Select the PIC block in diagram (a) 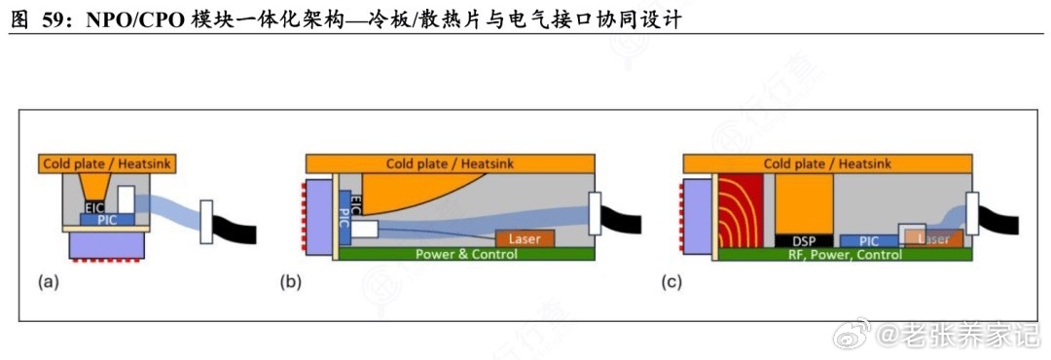click(105, 219)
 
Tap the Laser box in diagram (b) click(525, 238)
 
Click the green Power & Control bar click(466, 253)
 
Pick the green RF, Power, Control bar click(844, 254)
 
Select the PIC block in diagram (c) click(869, 240)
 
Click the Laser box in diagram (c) click(933, 238)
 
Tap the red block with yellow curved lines click(741, 210)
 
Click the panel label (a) click(48, 283)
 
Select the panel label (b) click(290, 283)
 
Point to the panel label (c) click(671, 283)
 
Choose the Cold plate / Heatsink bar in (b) click(451, 162)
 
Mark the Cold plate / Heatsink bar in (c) click(827, 162)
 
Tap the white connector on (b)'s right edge click(595, 213)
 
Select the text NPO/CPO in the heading click(124, 19)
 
